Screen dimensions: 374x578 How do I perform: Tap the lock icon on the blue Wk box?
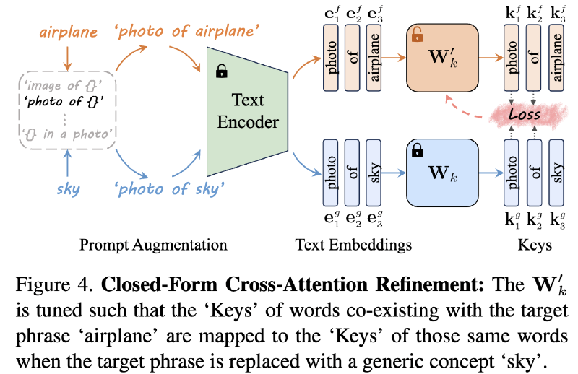(x=416, y=151)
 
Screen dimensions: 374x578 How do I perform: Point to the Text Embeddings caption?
(x=353, y=245)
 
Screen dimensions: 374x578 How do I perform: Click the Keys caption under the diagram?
(x=534, y=245)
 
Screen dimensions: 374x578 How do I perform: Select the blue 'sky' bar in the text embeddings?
(x=374, y=174)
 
